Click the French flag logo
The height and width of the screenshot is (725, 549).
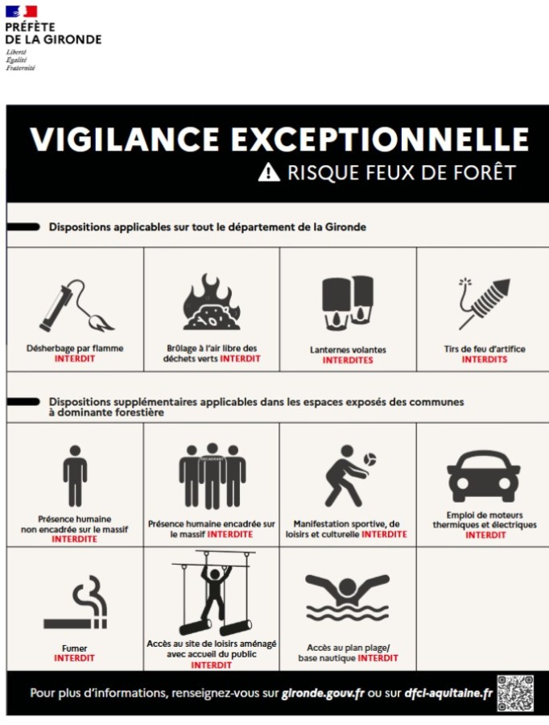coord(21,11)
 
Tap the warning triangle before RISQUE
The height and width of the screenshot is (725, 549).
coord(269,172)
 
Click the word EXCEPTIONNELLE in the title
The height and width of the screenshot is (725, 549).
coord(380,139)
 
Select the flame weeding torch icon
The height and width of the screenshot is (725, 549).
coord(76,306)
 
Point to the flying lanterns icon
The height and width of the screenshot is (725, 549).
coord(348,303)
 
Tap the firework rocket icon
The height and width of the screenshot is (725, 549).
coord(485,304)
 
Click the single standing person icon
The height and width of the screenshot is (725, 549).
coord(75,476)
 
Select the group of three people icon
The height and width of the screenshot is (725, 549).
coord(213,476)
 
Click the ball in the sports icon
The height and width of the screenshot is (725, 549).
coord(369,460)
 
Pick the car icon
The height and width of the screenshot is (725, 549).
coord(483,477)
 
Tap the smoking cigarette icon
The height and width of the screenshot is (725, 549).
coord(76,603)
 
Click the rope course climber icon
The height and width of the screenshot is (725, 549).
coord(213,593)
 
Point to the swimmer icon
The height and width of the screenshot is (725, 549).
coord(348,598)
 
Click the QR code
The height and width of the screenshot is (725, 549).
coord(515,693)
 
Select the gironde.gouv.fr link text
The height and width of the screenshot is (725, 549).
coord(323,694)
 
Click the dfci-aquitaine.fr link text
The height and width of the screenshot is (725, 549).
coord(448,694)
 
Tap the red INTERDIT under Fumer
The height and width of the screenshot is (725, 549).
coord(74,658)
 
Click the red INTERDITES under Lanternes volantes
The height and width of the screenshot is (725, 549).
coord(348,360)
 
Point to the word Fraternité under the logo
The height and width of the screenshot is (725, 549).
coord(20,68)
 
